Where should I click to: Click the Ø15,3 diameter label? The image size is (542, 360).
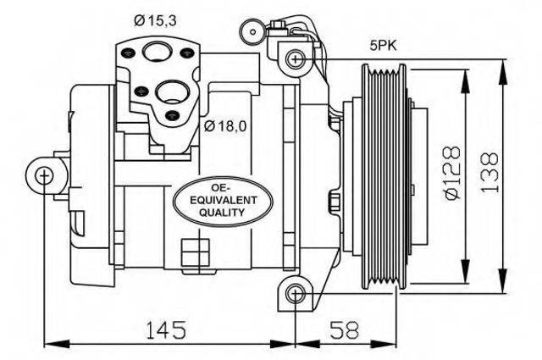tap(155, 20)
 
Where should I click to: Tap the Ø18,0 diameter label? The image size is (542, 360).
tap(225, 126)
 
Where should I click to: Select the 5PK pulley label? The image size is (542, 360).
tap(384, 46)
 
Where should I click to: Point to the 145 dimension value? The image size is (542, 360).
tap(166, 330)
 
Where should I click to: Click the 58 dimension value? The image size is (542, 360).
tap(345, 330)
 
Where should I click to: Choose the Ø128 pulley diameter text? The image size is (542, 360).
tap(453, 173)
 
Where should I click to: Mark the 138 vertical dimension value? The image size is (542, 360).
tap(489, 172)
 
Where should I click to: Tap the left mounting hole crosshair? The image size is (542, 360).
tap(44, 175)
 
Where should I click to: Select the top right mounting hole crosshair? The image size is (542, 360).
tap(296, 59)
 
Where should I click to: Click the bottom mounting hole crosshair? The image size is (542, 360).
tap(296, 294)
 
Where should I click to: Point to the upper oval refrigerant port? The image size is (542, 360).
tap(158, 52)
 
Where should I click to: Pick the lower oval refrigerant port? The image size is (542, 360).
tap(171, 91)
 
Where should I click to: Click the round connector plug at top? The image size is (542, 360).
tap(253, 32)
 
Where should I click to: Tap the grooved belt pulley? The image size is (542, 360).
tap(384, 176)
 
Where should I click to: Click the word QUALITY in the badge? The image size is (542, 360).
tap(222, 212)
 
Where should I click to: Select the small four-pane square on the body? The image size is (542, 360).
tap(195, 252)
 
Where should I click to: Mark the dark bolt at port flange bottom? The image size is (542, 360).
tap(171, 115)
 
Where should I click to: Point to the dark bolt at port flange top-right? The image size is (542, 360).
tap(186, 53)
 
